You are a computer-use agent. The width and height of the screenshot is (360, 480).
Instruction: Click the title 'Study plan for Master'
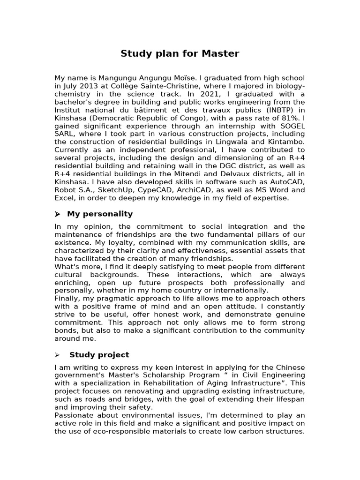[x=180, y=53]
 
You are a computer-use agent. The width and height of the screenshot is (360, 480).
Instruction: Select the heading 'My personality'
[x=100, y=214]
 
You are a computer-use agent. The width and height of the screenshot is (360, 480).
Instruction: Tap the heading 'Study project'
[x=99, y=354]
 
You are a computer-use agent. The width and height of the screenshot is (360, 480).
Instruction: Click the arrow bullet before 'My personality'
[x=58, y=214]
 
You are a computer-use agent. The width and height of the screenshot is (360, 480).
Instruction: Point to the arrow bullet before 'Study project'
[x=58, y=355]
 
